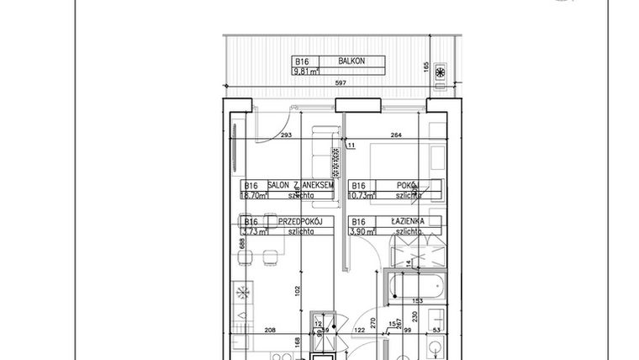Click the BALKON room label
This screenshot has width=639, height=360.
tap(351, 61)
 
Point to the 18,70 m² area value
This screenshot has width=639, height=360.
tap(254, 195)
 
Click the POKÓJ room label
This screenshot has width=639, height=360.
tap(409, 185)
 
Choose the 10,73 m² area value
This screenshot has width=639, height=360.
tap(362, 195)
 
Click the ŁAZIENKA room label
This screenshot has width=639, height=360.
tap(406, 222)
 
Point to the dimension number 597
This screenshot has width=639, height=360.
tap(341, 83)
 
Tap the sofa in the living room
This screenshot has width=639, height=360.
tap(323, 149)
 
